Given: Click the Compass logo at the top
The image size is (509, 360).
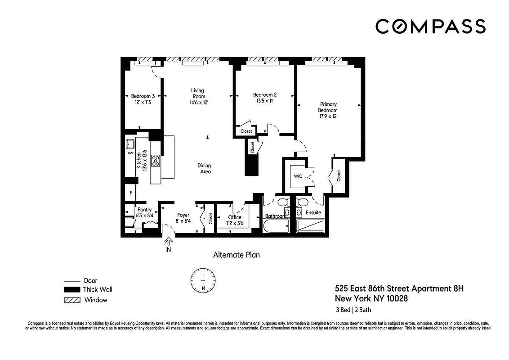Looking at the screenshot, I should pyautogui.click(x=430, y=26).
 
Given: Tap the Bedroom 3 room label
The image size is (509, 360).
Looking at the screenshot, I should pyautogui.click(x=143, y=96).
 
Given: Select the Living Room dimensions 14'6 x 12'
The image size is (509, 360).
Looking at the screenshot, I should pyautogui.click(x=198, y=103).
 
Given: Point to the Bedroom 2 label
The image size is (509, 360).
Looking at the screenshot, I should pyautogui.click(x=264, y=95).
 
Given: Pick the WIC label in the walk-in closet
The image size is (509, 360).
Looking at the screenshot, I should pyautogui.click(x=298, y=176).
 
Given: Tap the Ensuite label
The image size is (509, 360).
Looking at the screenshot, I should pyautogui.click(x=313, y=212).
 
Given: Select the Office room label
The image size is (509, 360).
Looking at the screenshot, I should pyautogui.click(x=234, y=217).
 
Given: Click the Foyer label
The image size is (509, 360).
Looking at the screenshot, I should pyautogui.click(x=183, y=215).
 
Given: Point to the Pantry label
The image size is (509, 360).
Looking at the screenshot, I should pyautogui.click(x=144, y=210).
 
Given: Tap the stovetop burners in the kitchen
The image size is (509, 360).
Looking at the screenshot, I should pyautogui.click(x=156, y=160).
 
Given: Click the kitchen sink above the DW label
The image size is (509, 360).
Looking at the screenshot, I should pyautogui.click(x=130, y=144).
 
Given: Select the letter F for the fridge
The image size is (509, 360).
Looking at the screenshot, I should pyautogui.click(x=130, y=193).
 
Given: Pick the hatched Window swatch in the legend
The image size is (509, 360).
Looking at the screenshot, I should pyautogui.click(x=71, y=300).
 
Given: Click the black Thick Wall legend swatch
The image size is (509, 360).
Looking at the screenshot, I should pyautogui.click(x=71, y=290).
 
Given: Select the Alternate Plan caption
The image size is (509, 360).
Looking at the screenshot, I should pyautogui.click(x=236, y=255).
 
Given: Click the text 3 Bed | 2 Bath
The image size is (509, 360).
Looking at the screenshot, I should pyautogui.click(x=353, y=310).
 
